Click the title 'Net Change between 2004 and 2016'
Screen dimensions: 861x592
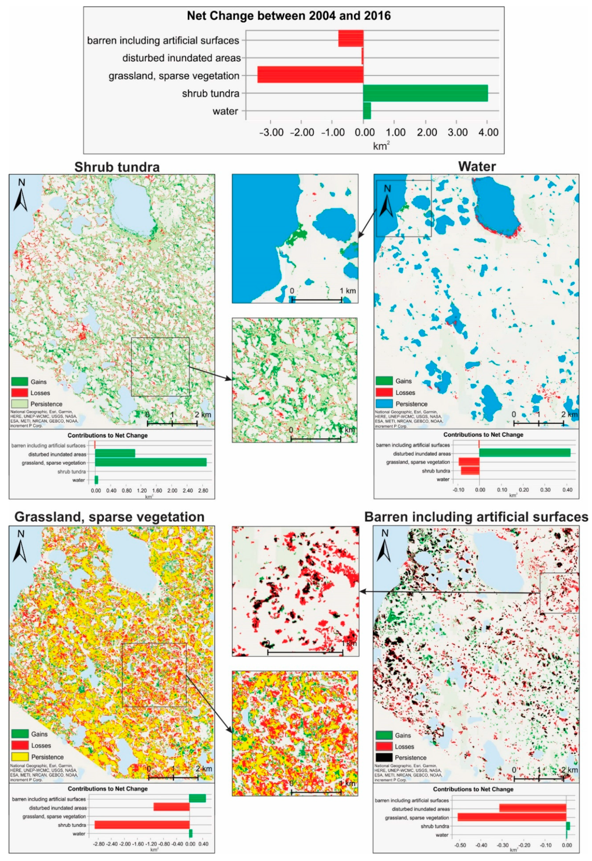tap(289, 16)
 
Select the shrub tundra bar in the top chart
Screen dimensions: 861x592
tap(425, 93)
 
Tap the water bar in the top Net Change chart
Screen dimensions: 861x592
tap(367, 111)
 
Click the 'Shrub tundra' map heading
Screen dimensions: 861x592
tap(117, 167)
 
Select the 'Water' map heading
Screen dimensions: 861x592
tap(477, 167)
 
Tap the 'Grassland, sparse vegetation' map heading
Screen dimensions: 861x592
tap(109, 517)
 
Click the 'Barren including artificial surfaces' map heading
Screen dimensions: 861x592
tap(476, 517)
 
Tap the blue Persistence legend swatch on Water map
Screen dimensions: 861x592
tap(384, 403)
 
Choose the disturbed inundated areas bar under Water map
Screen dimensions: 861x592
tap(525, 453)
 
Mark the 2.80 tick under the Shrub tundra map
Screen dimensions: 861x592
tap(203, 491)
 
